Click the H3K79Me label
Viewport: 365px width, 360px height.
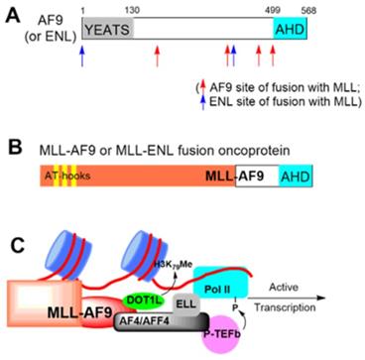(177, 263)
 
